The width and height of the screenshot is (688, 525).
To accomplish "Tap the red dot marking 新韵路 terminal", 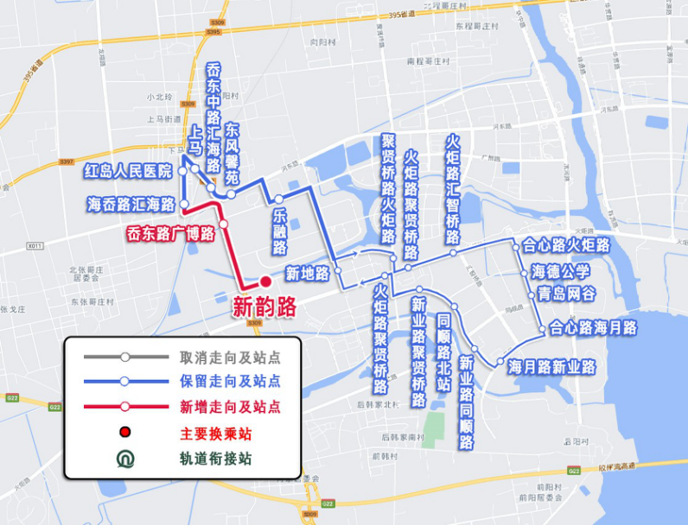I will pos(265,281).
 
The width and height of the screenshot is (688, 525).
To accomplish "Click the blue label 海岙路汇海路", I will pos(131,205).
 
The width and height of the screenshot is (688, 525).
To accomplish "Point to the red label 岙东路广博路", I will pos(170,232).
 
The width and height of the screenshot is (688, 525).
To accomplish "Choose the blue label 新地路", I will pos(308,274).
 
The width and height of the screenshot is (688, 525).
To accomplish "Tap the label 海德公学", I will pos(561,272).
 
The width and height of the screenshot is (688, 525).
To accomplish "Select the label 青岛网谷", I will pos(567,294).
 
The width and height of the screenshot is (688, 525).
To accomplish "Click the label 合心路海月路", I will pos(593,328).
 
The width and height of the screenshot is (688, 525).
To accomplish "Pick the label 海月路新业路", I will pos(551,367).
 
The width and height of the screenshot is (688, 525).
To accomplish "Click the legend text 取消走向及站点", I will pos(230,357).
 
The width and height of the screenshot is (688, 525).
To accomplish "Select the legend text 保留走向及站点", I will pos(230,381).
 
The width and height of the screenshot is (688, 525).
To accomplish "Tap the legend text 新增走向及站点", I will pos(230,407).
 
